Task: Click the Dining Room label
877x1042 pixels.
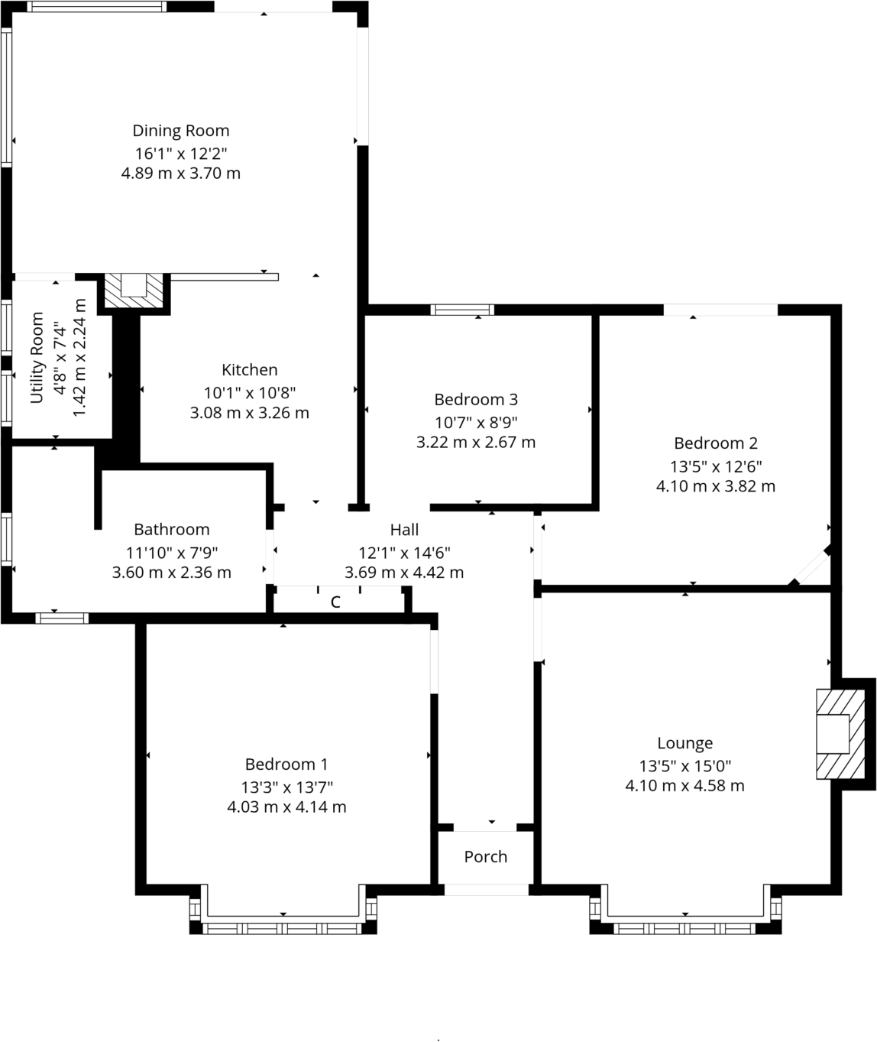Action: coord(181,131)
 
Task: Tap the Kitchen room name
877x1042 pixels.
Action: coord(249,370)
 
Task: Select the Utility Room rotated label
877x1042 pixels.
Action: coord(37,358)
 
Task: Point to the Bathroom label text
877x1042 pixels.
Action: coord(171,529)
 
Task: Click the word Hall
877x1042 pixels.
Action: coord(404,529)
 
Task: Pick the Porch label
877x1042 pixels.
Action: coord(485,856)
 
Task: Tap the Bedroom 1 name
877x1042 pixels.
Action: coord(286,764)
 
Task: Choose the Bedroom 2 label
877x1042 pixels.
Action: coord(715,443)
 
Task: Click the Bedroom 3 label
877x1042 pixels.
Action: coord(475,399)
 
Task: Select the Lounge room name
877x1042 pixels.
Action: coord(684,742)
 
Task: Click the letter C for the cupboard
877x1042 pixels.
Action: coord(335,602)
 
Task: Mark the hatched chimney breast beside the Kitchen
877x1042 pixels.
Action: coord(134,290)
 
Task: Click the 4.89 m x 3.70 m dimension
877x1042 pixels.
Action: coord(181,174)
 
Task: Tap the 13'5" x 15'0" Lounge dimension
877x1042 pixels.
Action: coord(684,764)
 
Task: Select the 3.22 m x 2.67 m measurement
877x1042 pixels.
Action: coord(475,442)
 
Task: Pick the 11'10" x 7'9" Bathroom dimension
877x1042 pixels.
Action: coord(171,551)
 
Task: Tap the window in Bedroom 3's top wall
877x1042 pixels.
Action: coord(462,310)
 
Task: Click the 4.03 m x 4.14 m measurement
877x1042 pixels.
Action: coord(286,807)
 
